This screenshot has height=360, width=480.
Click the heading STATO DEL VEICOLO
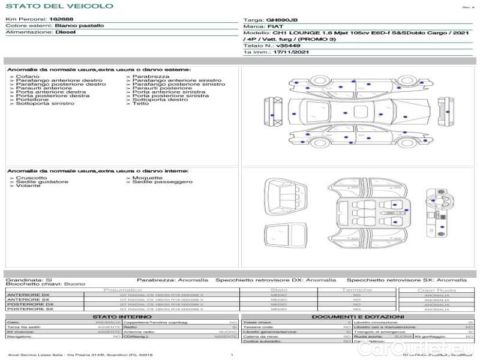coord(59,6)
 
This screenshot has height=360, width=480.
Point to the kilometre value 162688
coord(61,20)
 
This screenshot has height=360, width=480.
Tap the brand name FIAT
coord(275,27)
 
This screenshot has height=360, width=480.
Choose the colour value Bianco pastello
coord(79,26)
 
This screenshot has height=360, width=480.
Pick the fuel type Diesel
coord(65,33)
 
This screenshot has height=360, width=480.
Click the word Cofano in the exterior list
coord(28,77)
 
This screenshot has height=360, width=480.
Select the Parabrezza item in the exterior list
coord(151,77)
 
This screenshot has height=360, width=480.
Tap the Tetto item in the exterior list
coord(141,104)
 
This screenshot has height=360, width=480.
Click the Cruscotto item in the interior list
coord(32,178)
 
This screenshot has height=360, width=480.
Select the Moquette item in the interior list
coord(148,178)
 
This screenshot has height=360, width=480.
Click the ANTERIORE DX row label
coord(28,295)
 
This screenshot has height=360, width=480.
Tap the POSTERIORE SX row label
coord(29,309)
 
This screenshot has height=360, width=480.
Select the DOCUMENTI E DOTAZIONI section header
coord(358,317)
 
